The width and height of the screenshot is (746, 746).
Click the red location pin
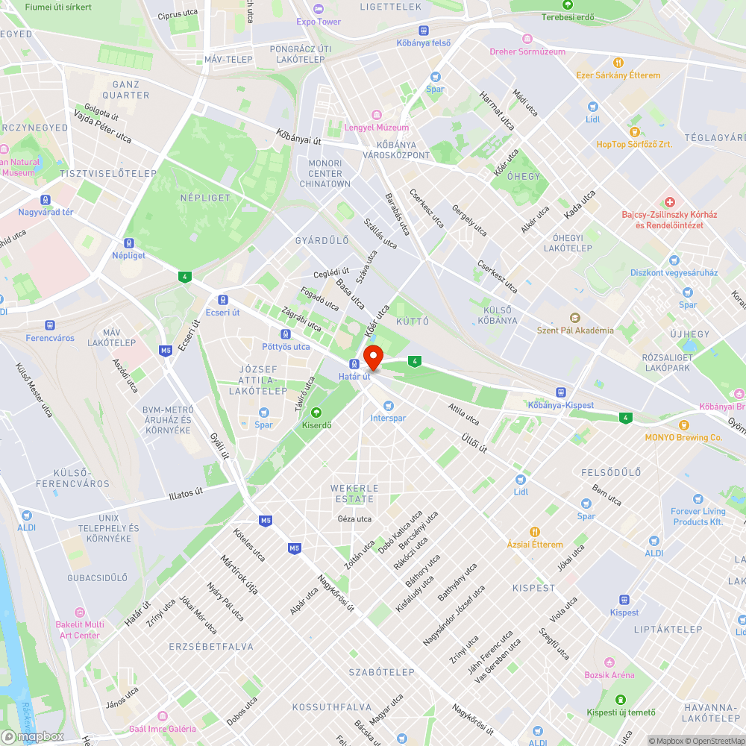point(372,357)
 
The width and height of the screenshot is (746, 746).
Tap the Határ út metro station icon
point(354,364)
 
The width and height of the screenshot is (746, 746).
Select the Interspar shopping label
point(388,418)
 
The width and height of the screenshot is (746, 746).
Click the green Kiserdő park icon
point(316,413)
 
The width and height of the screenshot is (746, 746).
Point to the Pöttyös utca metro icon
point(286,334)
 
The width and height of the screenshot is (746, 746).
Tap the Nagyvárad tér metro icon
point(46,200)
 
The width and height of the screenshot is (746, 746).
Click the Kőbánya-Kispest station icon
point(560,392)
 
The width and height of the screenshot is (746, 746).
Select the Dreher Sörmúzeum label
point(527,51)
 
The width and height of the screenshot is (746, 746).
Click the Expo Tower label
point(319,22)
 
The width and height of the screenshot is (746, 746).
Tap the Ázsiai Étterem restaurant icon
point(535,532)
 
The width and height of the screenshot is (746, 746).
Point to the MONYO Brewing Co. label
point(683,438)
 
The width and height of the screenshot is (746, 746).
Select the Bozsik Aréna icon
point(609,662)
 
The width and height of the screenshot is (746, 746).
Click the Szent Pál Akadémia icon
point(574,318)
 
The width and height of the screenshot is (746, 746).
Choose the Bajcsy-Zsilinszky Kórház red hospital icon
point(669,202)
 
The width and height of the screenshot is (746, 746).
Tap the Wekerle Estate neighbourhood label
point(354,493)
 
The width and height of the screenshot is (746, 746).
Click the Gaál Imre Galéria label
point(162,729)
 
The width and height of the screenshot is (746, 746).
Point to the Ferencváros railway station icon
point(50,325)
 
